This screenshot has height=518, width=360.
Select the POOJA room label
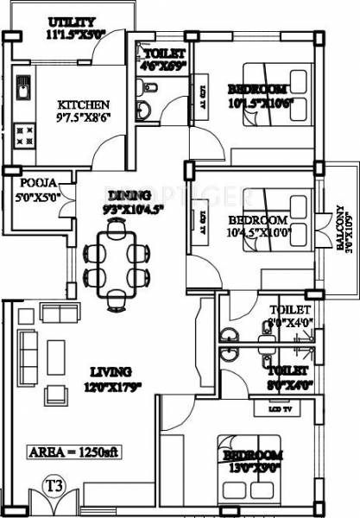click(36, 183)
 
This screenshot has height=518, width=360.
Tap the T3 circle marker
click(59, 490)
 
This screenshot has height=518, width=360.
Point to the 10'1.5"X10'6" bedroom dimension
click(256, 102)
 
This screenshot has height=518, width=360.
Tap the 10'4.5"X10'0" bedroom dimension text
click(254, 233)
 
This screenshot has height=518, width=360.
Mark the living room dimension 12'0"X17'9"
click(112, 386)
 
